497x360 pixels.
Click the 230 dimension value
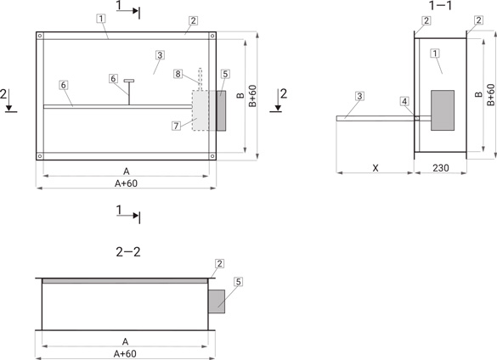441,167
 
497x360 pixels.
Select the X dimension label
376,168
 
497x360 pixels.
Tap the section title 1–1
441,5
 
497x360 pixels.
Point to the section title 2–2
128,252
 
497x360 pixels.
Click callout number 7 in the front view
176,126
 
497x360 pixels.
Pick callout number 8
178,74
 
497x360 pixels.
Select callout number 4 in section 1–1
404,101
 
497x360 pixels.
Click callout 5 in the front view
225,74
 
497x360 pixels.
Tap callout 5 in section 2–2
239,281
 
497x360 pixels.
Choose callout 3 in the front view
160,55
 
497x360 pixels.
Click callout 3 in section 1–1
359,96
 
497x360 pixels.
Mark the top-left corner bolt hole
40,36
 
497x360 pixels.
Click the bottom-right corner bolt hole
212,156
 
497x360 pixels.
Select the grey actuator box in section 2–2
217,301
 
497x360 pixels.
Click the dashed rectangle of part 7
200,110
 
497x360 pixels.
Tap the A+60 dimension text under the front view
126,183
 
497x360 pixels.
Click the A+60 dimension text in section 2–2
125,354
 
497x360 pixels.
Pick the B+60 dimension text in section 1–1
490,95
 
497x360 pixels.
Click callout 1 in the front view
101,19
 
